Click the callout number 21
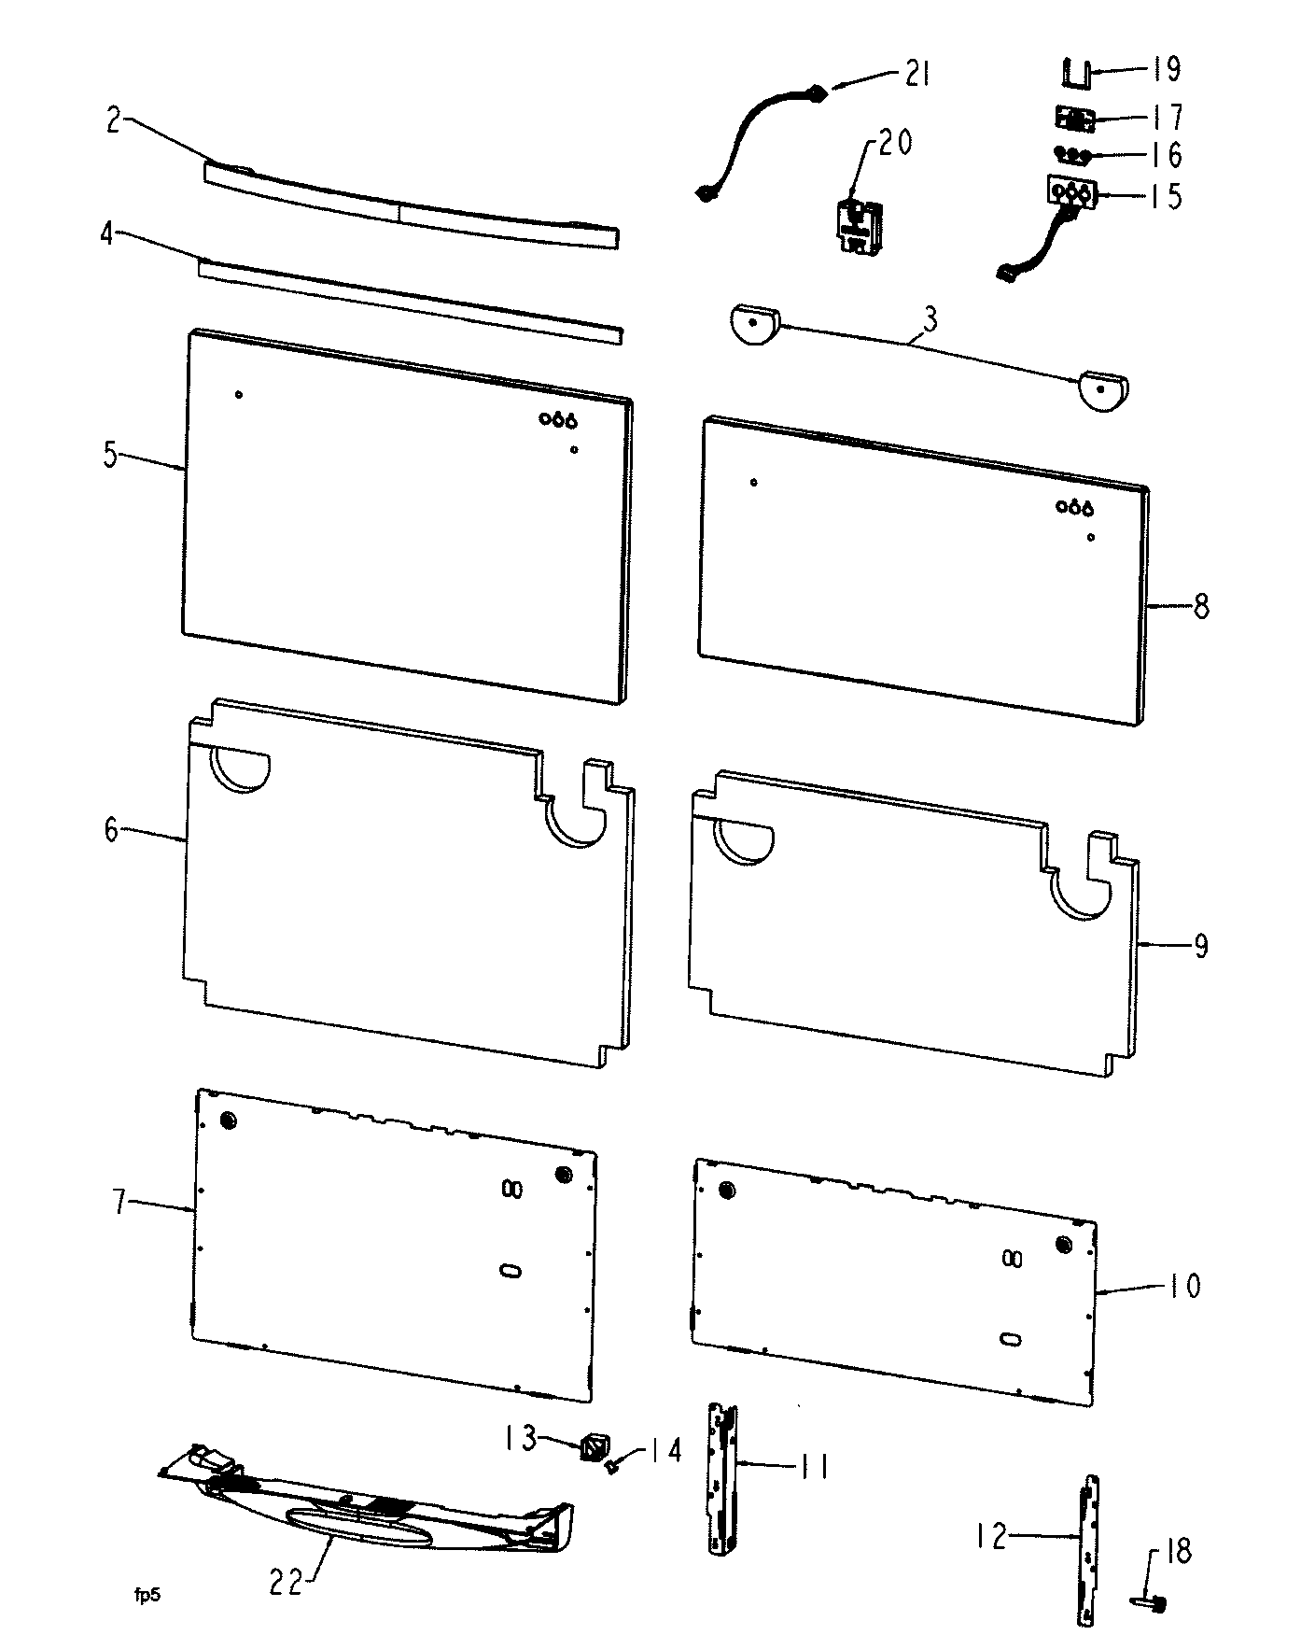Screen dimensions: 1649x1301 pyautogui.click(x=916, y=73)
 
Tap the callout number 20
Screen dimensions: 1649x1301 pyautogui.click(x=894, y=142)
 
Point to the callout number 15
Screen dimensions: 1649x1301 pyautogui.click(x=1163, y=196)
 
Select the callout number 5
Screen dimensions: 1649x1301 pyautogui.click(x=110, y=457)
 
